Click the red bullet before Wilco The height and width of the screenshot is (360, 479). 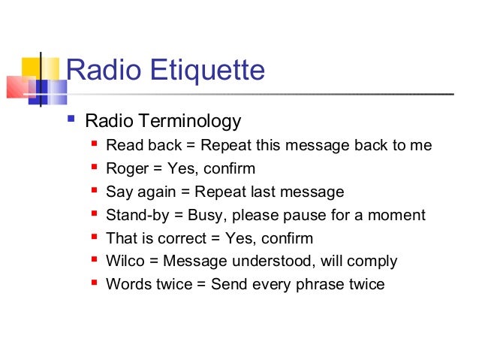(x=94, y=260)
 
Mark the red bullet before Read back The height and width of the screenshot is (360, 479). (x=94, y=144)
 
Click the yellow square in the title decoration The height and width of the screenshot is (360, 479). (x=29, y=69)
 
